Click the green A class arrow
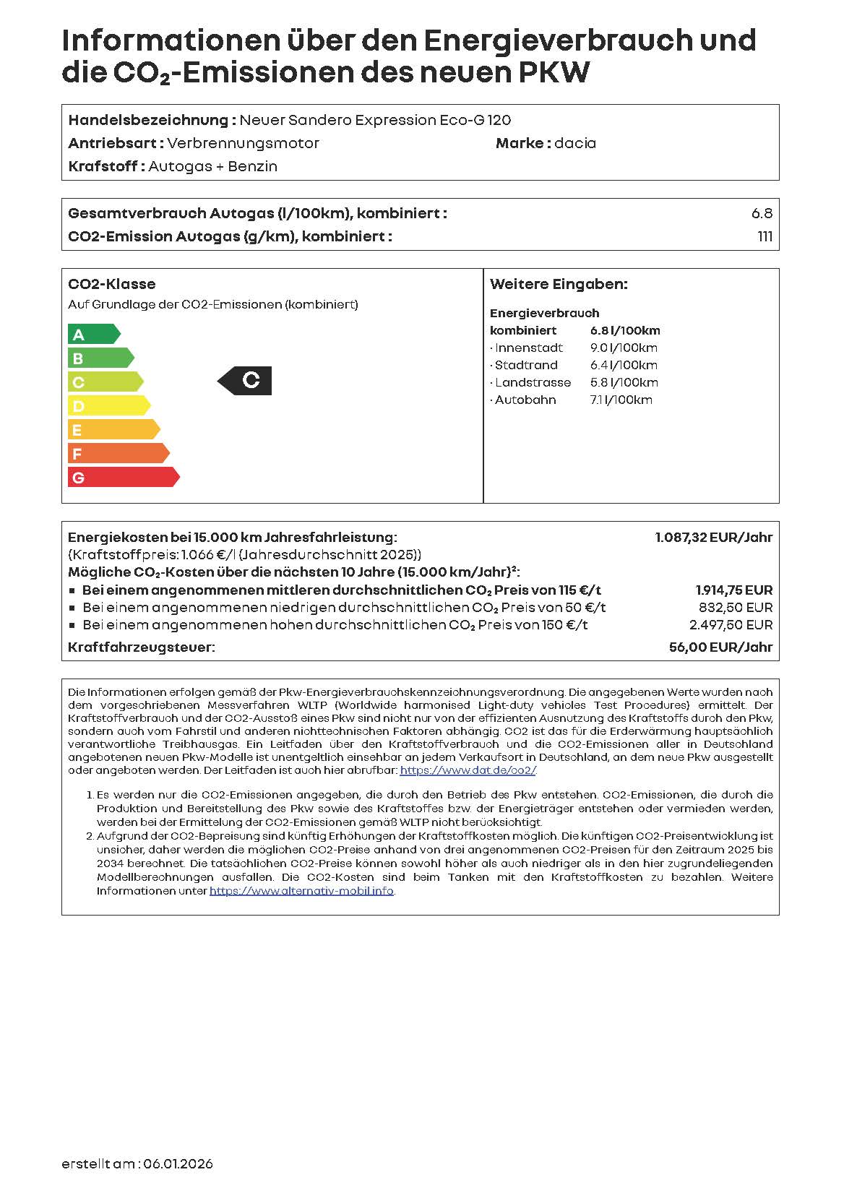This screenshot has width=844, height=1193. coord(93,334)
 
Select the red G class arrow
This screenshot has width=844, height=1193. coord(123,477)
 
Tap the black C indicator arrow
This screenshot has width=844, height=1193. coord(246,380)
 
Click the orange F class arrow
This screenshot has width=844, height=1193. coord(118,453)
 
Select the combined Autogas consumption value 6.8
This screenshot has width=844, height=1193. coord(762,213)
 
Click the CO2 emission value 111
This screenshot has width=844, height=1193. coord(765,236)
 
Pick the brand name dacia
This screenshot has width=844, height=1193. coord(575,143)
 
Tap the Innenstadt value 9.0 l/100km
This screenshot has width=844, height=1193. coord(624,348)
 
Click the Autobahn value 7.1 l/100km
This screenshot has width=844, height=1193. coord(621,400)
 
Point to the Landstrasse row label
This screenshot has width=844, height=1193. coord(532,382)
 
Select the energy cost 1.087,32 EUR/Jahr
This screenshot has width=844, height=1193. coord(713,537)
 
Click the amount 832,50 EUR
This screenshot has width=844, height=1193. coord(735,608)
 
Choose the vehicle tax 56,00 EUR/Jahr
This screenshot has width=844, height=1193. coord(720,647)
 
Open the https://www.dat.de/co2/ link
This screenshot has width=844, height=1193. coord(468,770)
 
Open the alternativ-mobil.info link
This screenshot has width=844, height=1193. coord(301,891)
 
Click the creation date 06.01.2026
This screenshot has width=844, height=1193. coord(178,1164)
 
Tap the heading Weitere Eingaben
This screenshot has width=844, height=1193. coord(559,284)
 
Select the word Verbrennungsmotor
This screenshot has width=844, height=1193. coord(243,143)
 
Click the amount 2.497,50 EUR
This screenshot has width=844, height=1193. coord(731,625)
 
